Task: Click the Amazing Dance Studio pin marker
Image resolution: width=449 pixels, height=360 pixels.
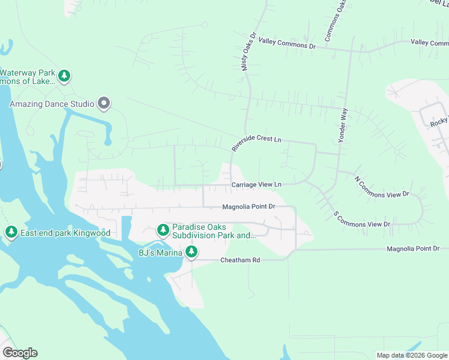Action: (104, 104)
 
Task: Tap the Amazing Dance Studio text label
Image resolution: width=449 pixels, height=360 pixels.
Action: (52, 104)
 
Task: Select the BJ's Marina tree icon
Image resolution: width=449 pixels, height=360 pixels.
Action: (191, 252)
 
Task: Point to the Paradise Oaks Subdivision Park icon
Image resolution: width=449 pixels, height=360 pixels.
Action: (163, 230)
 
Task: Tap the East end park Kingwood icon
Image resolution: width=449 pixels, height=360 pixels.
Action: (11, 232)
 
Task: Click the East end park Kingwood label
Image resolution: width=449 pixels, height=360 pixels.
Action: (65, 232)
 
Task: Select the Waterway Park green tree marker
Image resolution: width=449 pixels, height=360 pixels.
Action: (65, 76)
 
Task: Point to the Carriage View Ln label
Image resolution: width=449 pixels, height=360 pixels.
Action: (256, 185)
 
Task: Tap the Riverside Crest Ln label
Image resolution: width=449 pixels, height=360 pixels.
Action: (256, 143)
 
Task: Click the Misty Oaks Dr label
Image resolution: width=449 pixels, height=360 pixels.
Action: (249, 52)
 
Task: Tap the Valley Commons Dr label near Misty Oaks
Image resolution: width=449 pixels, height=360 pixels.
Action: (287, 46)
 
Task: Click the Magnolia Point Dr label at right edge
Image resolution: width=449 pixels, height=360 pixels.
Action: (413, 248)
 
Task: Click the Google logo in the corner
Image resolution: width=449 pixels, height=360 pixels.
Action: (20, 353)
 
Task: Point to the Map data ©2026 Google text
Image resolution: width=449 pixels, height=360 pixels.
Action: (412, 355)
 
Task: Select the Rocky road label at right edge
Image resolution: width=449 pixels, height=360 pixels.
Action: (439, 123)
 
